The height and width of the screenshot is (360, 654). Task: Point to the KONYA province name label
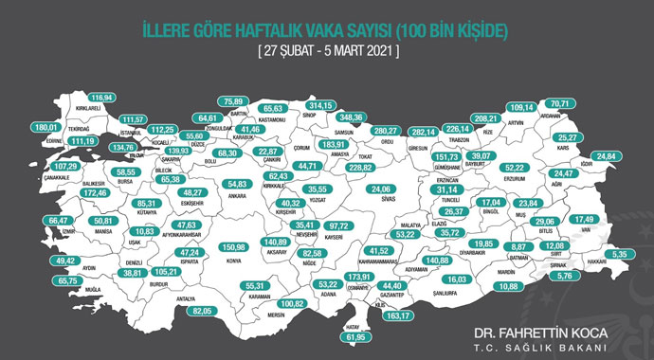click(231, 261)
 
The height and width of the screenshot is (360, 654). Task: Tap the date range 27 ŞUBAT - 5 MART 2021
click(327, 51)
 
